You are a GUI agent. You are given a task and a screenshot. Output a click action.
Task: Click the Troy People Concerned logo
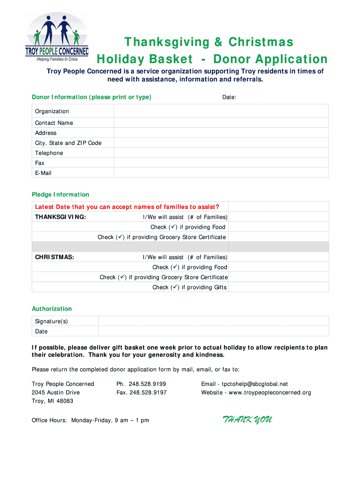(56, 38)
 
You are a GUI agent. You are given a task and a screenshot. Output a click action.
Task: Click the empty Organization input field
(221, 111)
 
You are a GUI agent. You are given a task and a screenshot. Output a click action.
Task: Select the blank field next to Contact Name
(221, 123)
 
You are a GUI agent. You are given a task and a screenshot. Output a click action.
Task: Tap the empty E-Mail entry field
(221, 173)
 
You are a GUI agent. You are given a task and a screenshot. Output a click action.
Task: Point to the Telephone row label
(49, 153)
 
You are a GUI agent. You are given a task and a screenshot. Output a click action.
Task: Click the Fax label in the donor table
(40, 163)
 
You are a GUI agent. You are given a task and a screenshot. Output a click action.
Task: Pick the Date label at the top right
(229, 97)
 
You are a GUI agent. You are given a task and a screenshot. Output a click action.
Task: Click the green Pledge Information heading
(60, 195)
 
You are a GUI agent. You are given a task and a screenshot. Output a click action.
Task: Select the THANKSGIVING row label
(60, 217)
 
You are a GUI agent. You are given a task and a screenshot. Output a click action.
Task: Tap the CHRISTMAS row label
(55, 257)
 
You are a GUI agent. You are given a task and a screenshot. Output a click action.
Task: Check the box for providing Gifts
(278, 287)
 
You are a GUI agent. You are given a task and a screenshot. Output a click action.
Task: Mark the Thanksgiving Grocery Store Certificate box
(278, 237)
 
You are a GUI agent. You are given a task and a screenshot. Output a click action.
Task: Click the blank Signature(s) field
(213, 321)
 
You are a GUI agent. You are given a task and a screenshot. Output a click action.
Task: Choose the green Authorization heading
(52, 309)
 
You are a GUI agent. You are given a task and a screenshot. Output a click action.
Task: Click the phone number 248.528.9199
(148, 384)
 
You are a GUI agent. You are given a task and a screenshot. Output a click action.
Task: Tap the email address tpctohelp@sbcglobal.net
(252, 384)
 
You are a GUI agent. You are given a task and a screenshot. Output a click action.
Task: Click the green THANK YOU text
(247, 420)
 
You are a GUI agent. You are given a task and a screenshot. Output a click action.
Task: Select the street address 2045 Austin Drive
(56, 392)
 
